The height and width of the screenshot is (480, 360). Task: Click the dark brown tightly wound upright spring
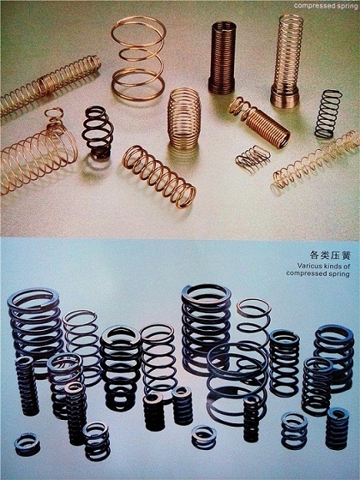pos(222,57)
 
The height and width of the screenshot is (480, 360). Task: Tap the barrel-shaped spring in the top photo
pos(184,118)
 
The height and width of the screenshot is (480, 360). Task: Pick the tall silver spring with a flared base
pos(287,61)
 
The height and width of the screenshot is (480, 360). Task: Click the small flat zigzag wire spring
pos(252,157)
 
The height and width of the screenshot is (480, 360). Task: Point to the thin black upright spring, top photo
pos(328,113)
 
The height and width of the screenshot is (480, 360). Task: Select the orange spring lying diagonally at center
pos(159,177)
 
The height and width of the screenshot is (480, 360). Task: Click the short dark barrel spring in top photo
pos(97,132)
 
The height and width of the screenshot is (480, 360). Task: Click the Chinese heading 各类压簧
pos(325,255)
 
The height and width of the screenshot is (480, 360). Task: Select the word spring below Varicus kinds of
pos(338,273)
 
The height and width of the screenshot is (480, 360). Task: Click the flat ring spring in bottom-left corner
pos(27,444)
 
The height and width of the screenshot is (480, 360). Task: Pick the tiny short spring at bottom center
pos(204,437)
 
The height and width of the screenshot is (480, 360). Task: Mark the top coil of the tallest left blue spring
pos(33,298)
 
